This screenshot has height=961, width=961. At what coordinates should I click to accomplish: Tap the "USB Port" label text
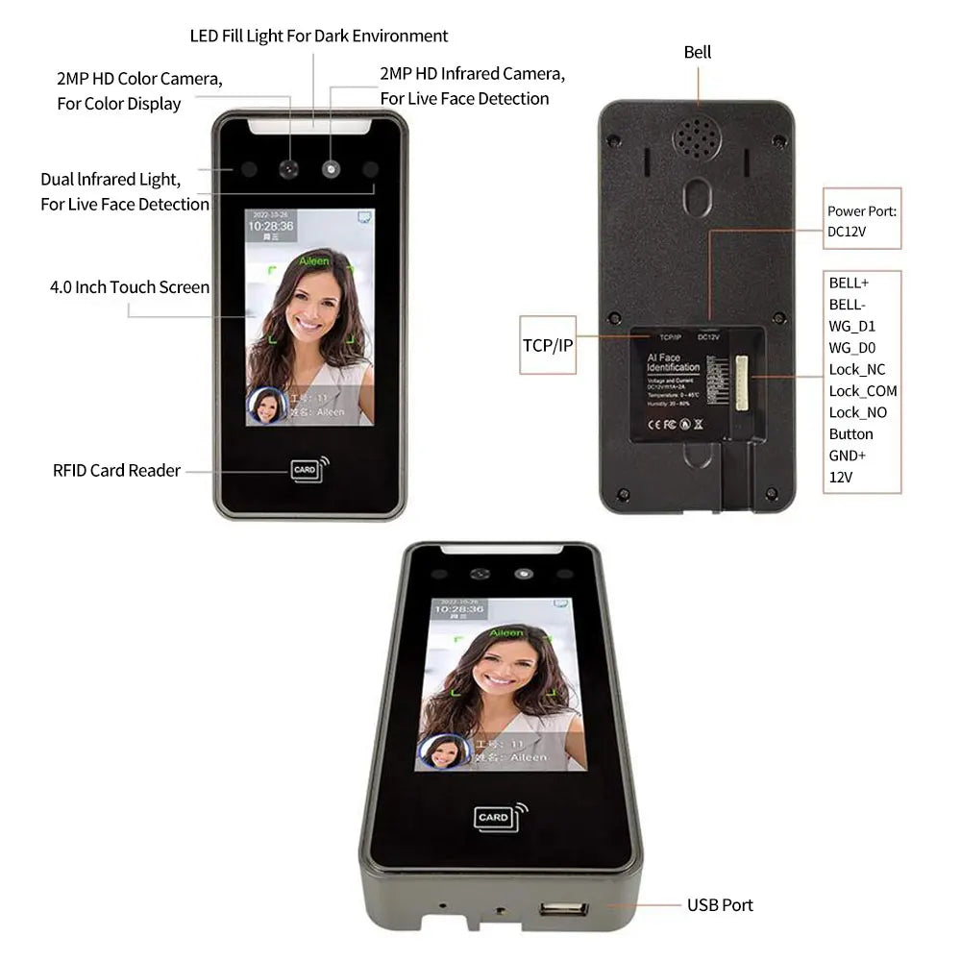[720, 905]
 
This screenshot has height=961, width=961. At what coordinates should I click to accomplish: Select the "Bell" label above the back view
[698, 52]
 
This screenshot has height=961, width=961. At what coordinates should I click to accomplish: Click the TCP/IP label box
[548, 343]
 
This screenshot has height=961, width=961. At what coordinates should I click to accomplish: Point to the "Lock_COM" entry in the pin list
[863, 391]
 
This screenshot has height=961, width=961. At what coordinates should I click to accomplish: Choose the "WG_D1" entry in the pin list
[852, 327]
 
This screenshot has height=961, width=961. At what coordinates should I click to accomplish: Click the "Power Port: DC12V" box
[862, 220]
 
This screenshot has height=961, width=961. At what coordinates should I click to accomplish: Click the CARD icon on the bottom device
[495, 817]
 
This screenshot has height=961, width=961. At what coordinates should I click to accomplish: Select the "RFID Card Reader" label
[116, 471]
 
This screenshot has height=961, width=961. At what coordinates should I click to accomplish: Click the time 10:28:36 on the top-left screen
[270, 226]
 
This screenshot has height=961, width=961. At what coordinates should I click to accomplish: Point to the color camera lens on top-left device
[288, 169]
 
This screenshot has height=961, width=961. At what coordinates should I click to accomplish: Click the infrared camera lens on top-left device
[332, 169]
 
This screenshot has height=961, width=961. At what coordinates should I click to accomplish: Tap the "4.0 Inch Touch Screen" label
[130, 287]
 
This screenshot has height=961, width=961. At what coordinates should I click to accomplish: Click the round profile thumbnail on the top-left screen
[266, 406]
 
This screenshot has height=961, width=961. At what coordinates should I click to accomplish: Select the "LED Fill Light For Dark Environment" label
[319, 37]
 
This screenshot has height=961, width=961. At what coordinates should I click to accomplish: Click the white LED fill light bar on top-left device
[309, 125]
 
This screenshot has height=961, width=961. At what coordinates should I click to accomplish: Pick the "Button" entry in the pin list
[851, 434]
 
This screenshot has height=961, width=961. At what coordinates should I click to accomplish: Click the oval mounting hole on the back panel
[697, 197]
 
